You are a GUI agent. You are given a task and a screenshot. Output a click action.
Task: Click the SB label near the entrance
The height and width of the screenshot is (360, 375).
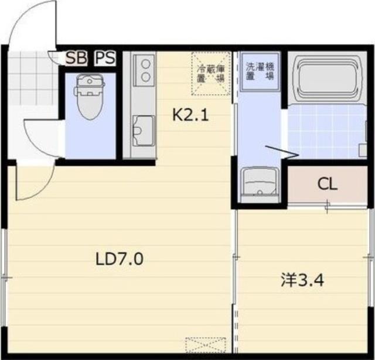point(74,58)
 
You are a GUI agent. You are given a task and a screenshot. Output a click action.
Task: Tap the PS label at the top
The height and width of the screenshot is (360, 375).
point(105,58)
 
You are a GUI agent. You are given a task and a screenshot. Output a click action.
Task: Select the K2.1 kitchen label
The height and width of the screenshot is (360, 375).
point(190,115)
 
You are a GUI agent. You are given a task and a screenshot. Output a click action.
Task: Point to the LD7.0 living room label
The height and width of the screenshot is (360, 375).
point(120,258)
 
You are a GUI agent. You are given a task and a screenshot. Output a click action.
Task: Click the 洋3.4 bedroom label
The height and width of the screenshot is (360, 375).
point(302,280)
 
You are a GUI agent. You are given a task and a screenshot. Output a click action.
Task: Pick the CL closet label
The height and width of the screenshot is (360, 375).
point(328,184)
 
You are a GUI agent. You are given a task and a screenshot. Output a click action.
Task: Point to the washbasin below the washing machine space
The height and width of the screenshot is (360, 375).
point(260,183)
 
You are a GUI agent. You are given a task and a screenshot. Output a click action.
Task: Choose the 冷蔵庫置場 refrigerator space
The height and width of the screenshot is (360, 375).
point(210,73)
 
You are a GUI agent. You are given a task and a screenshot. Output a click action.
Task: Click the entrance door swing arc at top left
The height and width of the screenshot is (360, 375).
point(32,23)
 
